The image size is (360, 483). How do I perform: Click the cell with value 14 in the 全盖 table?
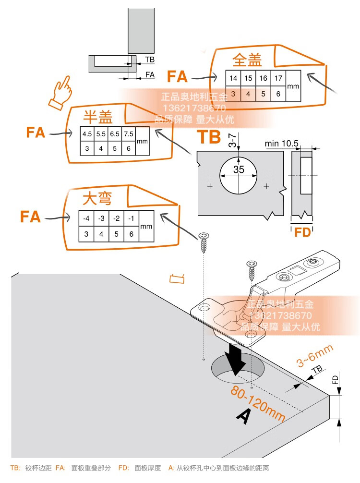click(233, 78)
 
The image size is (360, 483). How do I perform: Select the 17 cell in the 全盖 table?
click(278, 78)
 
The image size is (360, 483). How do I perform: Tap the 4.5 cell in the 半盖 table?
click(87, 134)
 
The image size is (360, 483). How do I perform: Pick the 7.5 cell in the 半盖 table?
click(129, 134)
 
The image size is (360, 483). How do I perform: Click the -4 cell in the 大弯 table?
click(86, 218)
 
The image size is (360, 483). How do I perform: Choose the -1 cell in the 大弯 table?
click(131, 218)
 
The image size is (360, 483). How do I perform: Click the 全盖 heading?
click(247, 60)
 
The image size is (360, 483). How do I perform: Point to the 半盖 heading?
click(98, 117)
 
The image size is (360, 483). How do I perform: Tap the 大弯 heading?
click(97, 198)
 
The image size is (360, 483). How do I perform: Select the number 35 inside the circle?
click(239, 169)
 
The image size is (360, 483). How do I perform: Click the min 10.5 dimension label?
click(281, 144)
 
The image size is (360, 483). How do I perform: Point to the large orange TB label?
click(209, 137)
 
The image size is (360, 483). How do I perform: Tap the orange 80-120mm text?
click(258, 403)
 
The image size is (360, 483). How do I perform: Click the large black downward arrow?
click(235, 359)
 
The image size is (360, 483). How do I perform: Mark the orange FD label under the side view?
click(302, 232)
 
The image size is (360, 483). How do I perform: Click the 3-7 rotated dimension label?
click(233, 140)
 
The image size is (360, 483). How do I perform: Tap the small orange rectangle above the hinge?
click(177, 279)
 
